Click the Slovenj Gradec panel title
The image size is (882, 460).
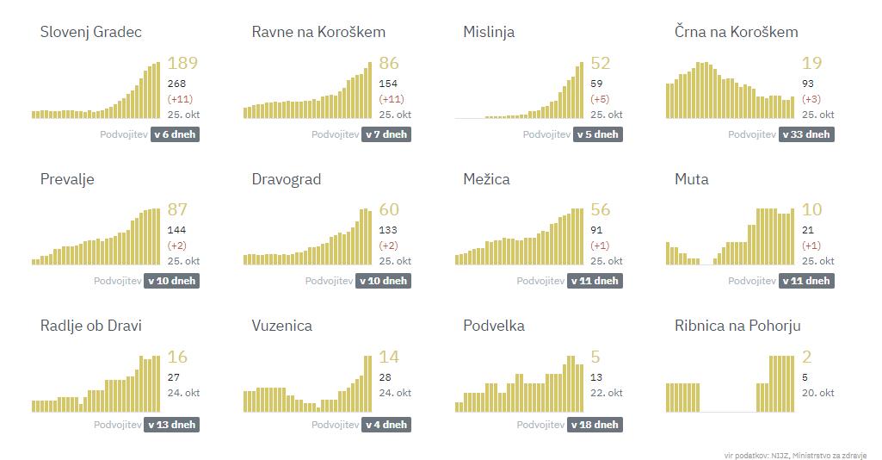91,32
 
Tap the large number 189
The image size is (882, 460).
182,64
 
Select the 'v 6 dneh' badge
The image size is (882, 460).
176,134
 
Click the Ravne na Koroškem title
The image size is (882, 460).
318,32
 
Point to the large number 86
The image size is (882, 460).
389,64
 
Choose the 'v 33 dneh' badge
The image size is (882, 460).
806,134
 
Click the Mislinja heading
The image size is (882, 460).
489,32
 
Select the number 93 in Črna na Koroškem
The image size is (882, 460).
809,84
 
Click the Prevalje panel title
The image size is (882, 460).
67,179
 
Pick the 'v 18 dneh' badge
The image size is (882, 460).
595,425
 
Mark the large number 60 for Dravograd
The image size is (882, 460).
389,210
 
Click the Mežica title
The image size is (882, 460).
486,179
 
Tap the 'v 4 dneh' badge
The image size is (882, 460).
385,425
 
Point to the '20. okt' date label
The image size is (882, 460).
817,393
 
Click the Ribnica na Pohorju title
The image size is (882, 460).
738,326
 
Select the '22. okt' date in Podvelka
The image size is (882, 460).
606,393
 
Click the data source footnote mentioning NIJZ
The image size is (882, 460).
795,455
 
